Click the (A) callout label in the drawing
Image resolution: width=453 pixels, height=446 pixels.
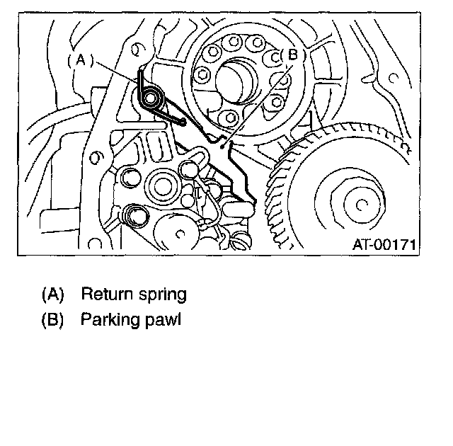click(80, 61)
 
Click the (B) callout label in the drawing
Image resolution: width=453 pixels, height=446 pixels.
click(289, 54)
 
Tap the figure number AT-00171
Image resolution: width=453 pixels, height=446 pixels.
click(384, 244)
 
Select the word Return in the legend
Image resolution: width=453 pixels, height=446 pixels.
click(105, 294)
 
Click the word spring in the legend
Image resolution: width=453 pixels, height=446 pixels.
click(162, 294)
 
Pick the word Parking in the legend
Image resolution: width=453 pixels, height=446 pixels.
click(108, 319)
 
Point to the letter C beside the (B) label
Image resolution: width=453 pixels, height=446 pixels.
click(273, 57)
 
